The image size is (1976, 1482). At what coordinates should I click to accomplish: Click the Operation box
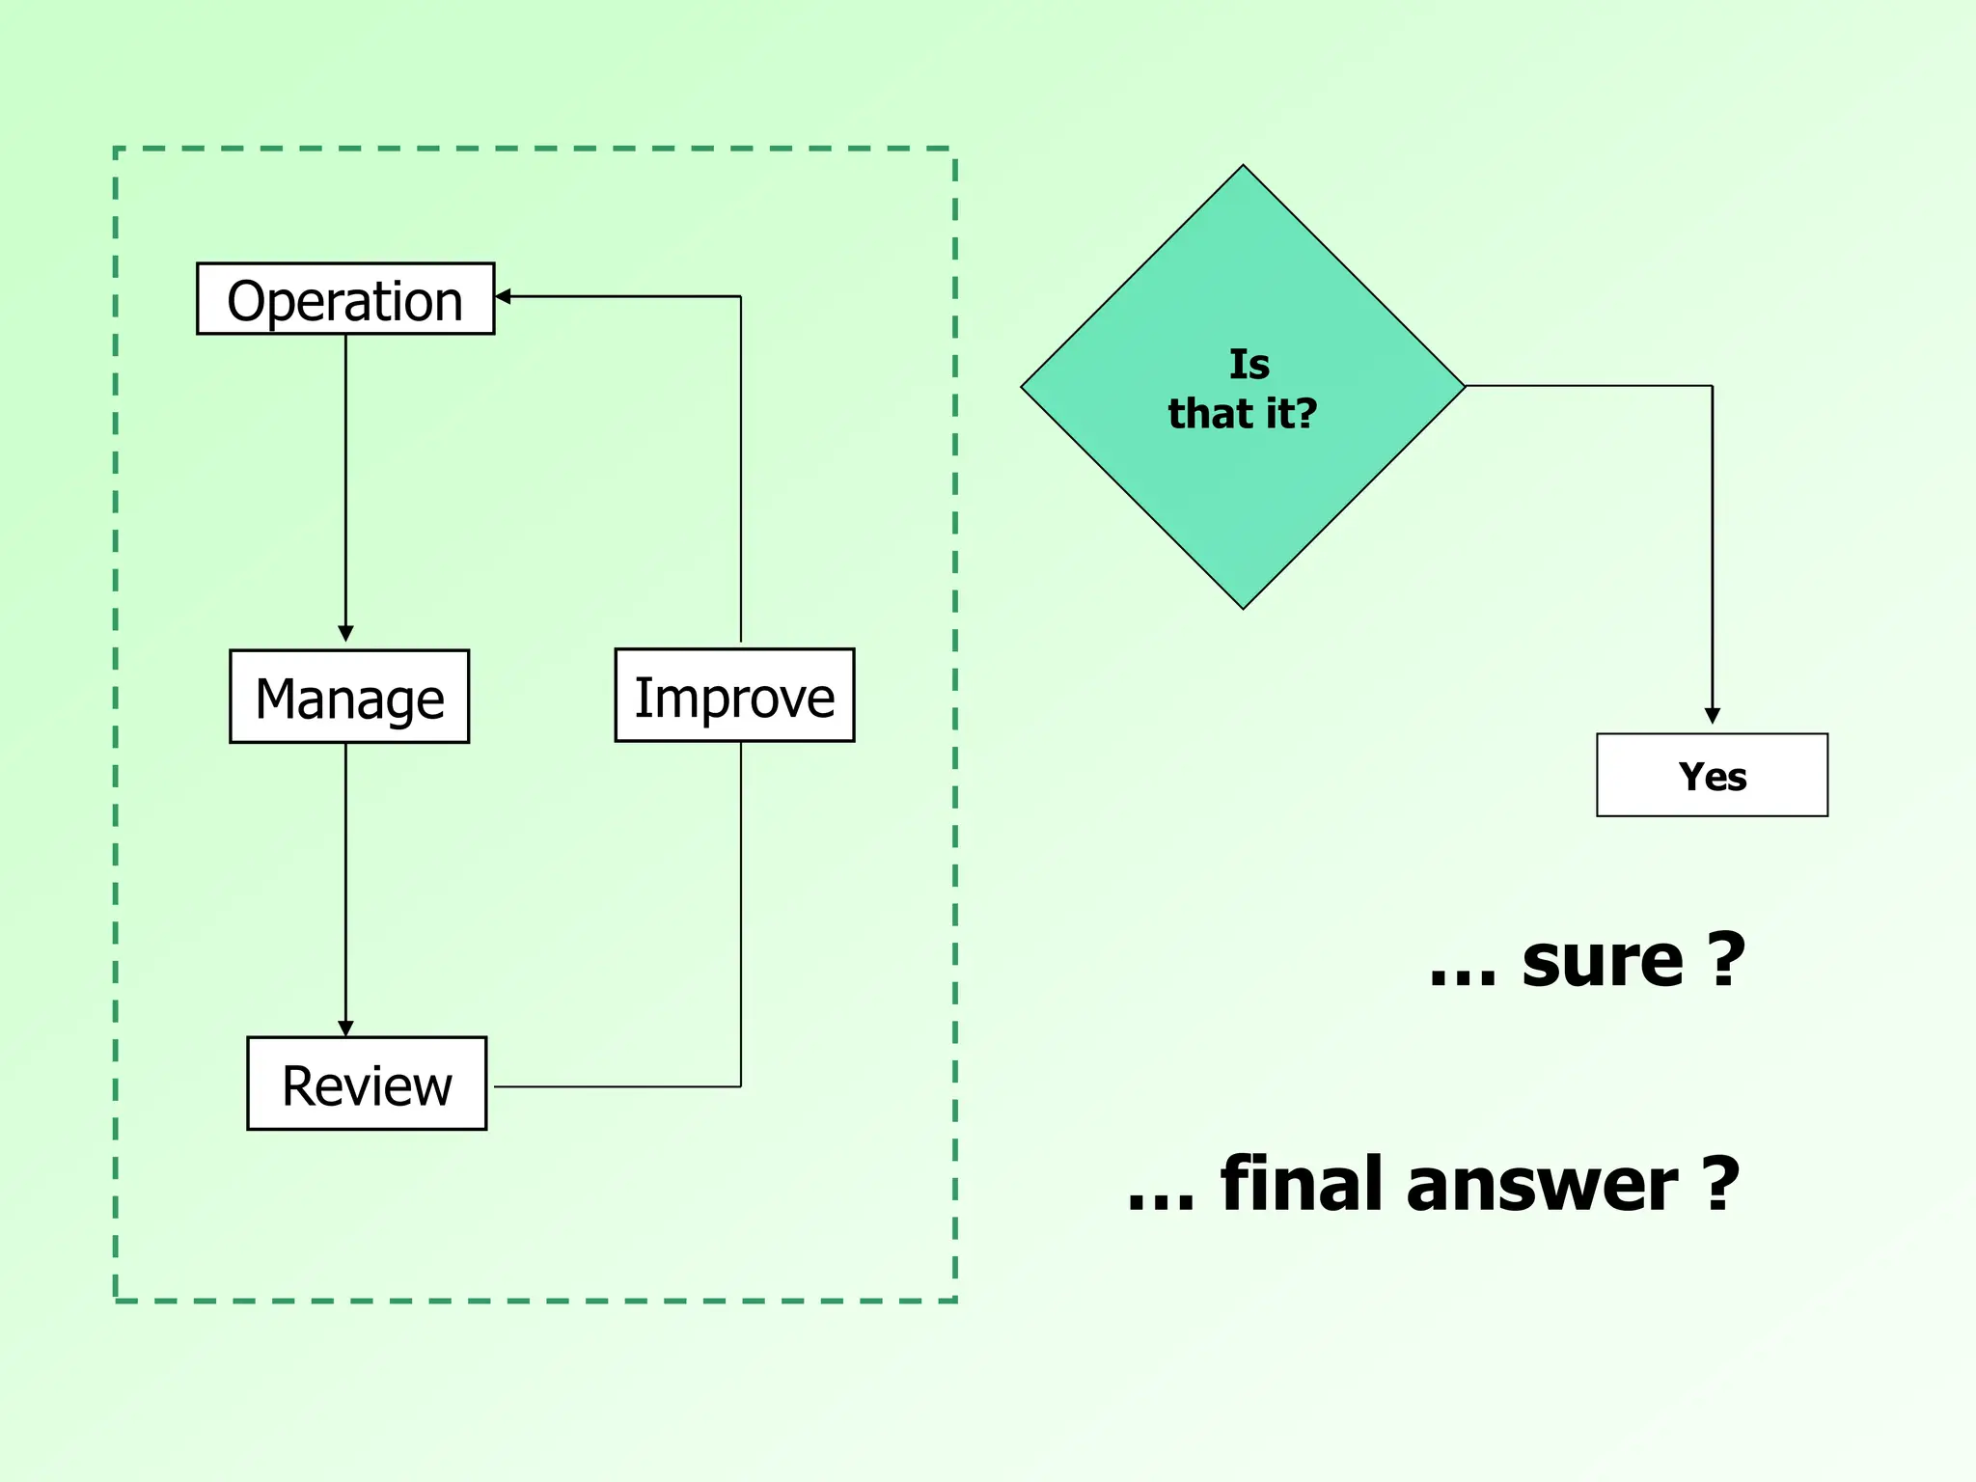pyautogui.click(x=345, y=299)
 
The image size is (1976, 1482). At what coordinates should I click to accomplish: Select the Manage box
pyautogui.click(x=349, y=697)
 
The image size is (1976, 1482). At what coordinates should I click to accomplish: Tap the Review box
pyautogui.click(x=367, y=1084)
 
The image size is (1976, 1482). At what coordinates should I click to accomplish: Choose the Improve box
pyautogui.click(x=734, y=696)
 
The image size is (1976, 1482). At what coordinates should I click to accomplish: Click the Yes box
pyautogui.click(x=1712, y=776)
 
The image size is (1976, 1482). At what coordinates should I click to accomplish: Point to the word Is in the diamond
pyautogui.click(x=1249, y=365)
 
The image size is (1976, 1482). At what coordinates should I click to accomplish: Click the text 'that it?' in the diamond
pyautogui.click(x=1243, y=414)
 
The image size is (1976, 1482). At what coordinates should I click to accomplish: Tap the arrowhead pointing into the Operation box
pyautogui.click(x=503, y=296)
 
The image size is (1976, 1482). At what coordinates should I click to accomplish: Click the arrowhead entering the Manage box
pyautogui.click(x=345, y=634)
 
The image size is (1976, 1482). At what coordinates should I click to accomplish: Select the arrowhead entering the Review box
pyautogui.click(x=345, y=1029)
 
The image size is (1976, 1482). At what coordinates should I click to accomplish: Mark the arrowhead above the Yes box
pyautogui.click(x=1713, y=716)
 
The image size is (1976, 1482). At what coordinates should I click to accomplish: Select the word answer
pyautogui.click(x=1542, y=1185)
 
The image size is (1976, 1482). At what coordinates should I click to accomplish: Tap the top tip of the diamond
pyautogui.click(x=1244, y=168)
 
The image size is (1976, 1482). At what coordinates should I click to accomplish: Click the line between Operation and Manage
pyautogui.click(x=345, y=482)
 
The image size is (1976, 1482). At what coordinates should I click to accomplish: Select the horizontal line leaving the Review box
pyautogui.click(x=617, y=1086)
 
